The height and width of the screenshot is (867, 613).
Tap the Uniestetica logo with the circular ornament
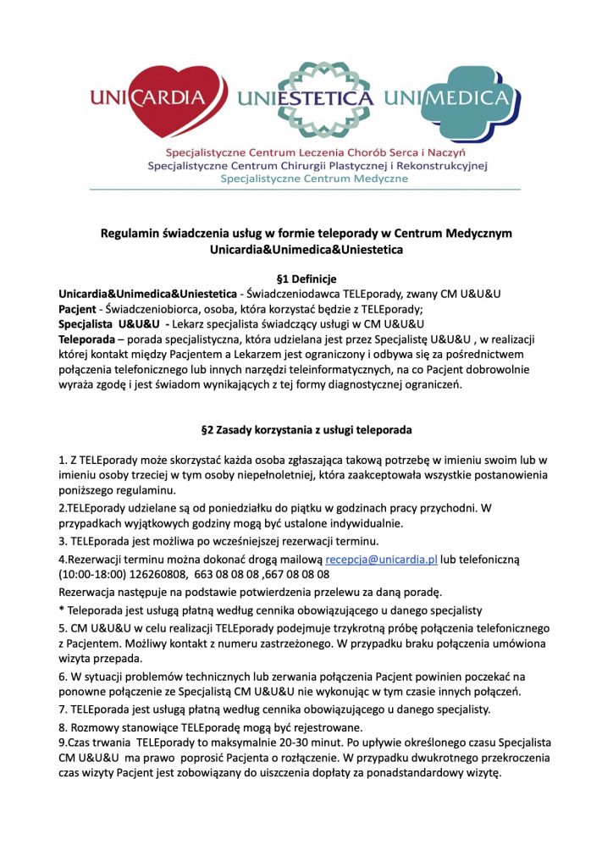(306, 98)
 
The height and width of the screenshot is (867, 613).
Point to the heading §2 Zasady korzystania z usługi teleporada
(306, 429)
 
